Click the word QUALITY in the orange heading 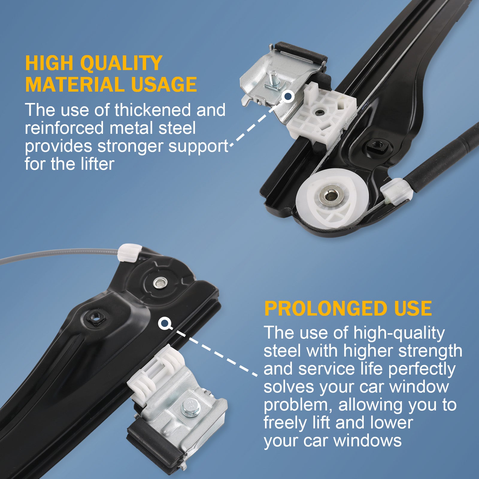pos(122,63)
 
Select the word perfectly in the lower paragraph pos(422,369)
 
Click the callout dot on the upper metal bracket pos(288,96)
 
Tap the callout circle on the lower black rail pos(164,323)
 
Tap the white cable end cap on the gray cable pos(129,253)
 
